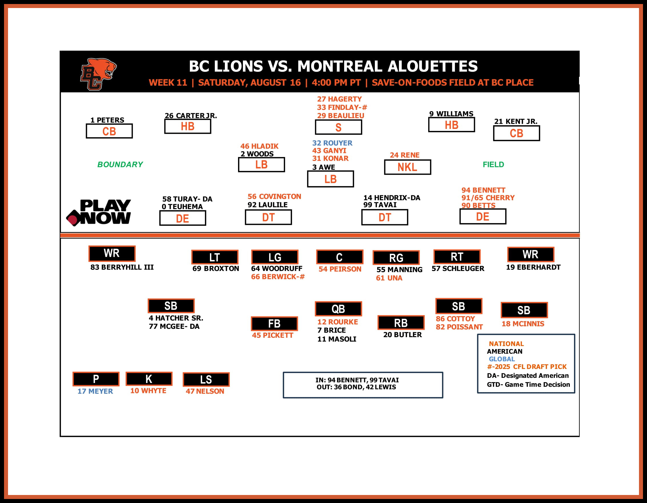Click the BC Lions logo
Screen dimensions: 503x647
click(x=98, y=74)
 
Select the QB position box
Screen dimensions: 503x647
click(x=338, y=309)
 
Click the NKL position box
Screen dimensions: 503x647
click(x=407, y=167)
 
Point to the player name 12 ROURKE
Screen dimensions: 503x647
click(x=338, y=322)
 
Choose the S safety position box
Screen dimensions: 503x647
click(x=338, y=127)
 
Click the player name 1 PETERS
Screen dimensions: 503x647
click(x=107, y=120)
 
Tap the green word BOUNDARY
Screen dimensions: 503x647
click(x=120, y=164)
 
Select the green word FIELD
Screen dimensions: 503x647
click(x=493, y=164)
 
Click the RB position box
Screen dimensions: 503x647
click(x=401, y=323)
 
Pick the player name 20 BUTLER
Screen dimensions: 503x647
click(x=402, y=335)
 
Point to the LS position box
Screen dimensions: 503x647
click(x=206, y=380)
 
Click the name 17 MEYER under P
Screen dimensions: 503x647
click(x=95, y=391)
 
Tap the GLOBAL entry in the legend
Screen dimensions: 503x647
click(x=502, y=359)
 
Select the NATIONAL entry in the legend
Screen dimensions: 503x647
click(x=506, y=344)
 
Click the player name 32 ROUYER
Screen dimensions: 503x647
click(x=332, y=143)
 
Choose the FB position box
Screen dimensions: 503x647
click(x=274, y=324)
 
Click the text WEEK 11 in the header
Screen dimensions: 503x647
click(x=168, y=82)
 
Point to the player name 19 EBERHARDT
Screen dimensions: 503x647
click(x=533, y=267)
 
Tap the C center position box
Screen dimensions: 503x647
click(x=340, y=257)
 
